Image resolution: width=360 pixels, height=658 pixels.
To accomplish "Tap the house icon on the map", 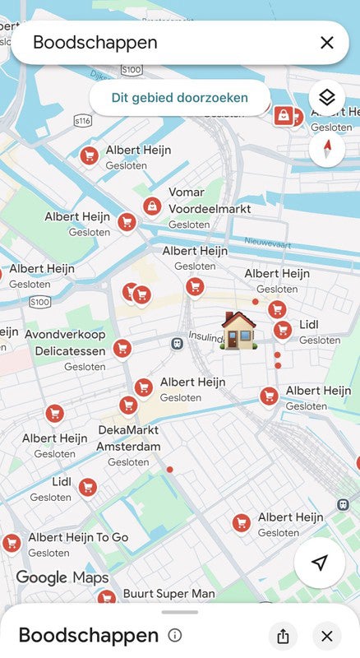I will pyautogui.click(x=238, y=330).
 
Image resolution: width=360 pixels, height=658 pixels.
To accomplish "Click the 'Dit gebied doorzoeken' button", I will pyautogui.click(x=180, y=98).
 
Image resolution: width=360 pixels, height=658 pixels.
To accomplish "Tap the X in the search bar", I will pyautogui.click(x=327, y=43).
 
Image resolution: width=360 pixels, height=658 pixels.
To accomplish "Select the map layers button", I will pyautogui.click(x=327, y=97).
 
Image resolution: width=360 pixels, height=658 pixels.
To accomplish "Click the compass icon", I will pyautogui.click(x=327, y=150).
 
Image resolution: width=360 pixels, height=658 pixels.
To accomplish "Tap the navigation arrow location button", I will pyautogui.click(x=320, y=563).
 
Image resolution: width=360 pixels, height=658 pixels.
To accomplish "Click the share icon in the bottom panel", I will pyautogui.click(x=283, y=636).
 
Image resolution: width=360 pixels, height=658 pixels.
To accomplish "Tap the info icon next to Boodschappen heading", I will pyautogui.click(x=174, y=635).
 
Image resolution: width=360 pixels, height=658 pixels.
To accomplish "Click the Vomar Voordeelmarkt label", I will pyautogui.click(x=210, y=200).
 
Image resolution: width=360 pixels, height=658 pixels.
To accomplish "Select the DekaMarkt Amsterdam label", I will pyautogui.click(x=128, y=438).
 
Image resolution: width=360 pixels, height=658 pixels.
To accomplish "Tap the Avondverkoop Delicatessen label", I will pyautogui.click(x=65, y=343).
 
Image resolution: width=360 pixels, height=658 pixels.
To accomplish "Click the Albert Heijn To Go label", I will pyautogui.click(x=78, y=537).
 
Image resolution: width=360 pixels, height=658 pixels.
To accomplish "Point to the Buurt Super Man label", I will pyautogui.click(x=168, y=593).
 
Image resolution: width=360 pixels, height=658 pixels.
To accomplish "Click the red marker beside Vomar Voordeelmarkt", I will pyautogui.click(x=151, y=206).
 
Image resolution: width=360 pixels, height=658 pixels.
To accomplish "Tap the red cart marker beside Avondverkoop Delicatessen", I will pyautogui.click(x=122, y=349).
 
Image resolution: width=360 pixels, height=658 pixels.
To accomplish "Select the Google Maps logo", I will pyautogui.click(x=62, y=577).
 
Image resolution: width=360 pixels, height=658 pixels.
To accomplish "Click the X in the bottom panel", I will pyautogui.click(x=327, y=636).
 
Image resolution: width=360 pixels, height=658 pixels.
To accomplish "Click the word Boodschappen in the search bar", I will pyautogui.click(x=95, y=43).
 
